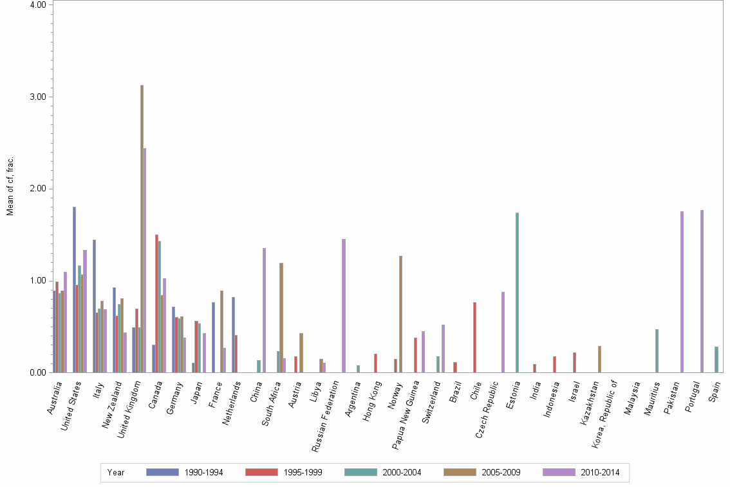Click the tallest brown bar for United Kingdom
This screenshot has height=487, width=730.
[142, 229]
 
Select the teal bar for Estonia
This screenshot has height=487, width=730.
[517, 292]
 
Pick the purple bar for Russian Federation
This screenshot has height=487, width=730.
[344, 305]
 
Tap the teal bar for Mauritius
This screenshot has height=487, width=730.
[657, 350]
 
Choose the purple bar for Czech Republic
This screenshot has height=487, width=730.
[503, 332]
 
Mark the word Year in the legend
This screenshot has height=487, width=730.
[116, 472]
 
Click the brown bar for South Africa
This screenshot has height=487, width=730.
[281, 318]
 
